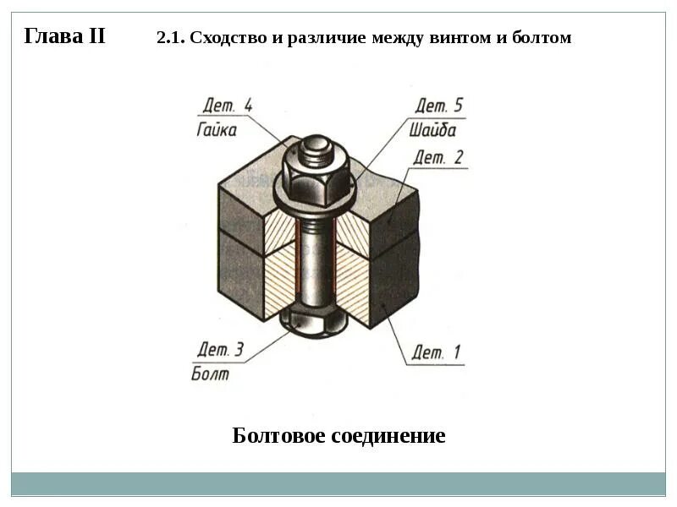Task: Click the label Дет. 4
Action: (227, 106)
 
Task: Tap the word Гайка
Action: (217, 130)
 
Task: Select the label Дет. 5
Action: (438, 106)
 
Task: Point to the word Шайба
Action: (432, 130)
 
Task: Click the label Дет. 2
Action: (438, 157)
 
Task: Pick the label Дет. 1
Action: (437, 352)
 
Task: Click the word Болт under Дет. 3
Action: (211, 373)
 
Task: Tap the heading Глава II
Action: (64, 36)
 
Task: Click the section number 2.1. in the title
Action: (171, 38)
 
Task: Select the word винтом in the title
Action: (454, 38)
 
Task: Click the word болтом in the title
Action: (542, 38)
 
